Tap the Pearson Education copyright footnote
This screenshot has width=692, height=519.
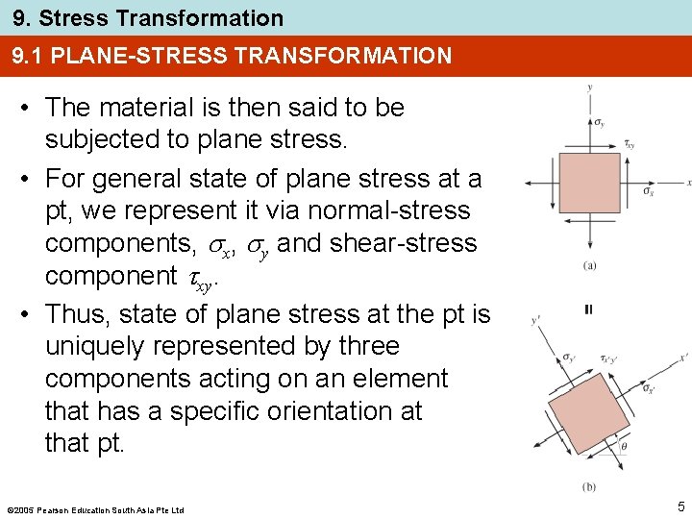coord(95,508)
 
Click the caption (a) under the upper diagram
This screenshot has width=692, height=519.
coord(587,266)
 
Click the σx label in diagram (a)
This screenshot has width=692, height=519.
coord(649,192)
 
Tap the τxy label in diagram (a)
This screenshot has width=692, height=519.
coord(630,145)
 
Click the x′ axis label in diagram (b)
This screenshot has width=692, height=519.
coord(683,357)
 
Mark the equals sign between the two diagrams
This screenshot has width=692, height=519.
coord(588,309)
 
